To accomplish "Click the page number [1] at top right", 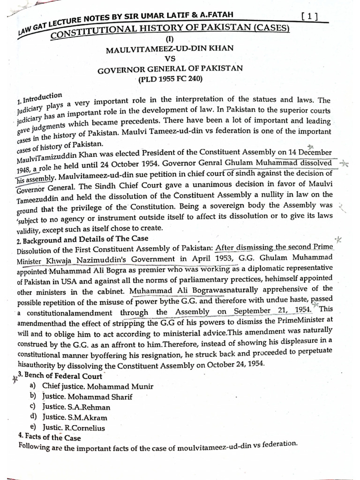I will click(x=309, y=17).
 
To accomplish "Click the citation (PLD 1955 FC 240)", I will click(x=170, y=79).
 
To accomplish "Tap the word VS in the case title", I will click(x=170, y=59).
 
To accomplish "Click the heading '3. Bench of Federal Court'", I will click(x=60, y=375).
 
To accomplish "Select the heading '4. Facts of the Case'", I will click(x=49, y=437).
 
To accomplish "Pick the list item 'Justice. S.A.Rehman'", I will click(x=76, y=407).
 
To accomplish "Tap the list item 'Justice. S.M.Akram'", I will click(x=75, y=417).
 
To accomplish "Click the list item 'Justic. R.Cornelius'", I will click(x=73, y=427).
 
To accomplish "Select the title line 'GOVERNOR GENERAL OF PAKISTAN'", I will click(x=170, y=69).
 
